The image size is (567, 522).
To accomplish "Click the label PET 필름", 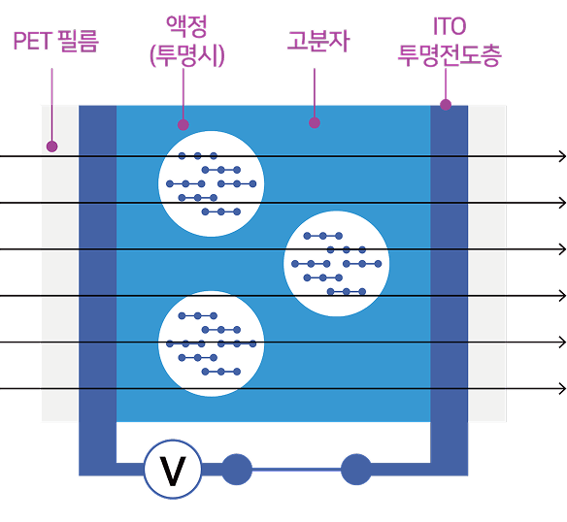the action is point(55,41).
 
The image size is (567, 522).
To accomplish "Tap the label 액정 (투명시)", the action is point(187,41).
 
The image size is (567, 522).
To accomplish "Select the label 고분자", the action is point(318,41).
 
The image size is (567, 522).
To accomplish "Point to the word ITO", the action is point(450,26).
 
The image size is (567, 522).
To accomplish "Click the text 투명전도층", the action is point(450,55).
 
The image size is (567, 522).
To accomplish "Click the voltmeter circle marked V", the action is point(173,470).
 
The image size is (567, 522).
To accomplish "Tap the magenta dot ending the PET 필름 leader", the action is point(52,147).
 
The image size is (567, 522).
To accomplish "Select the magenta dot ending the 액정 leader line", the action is point(183,125).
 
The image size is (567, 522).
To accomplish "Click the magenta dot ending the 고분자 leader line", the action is point(315,122).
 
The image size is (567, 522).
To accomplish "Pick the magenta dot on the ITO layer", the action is point(446,105).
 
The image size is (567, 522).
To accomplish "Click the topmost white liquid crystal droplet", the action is point(212,183).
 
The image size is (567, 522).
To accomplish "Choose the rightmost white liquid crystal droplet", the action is point(336,264).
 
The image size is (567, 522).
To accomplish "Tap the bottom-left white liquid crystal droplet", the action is point(212,343).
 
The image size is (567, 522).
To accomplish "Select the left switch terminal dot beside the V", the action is point(237,470).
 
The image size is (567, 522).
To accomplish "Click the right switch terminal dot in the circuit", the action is point(356,470).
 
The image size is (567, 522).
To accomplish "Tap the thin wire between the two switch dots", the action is point(296,470).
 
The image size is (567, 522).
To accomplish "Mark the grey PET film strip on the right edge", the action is point(487,263).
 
